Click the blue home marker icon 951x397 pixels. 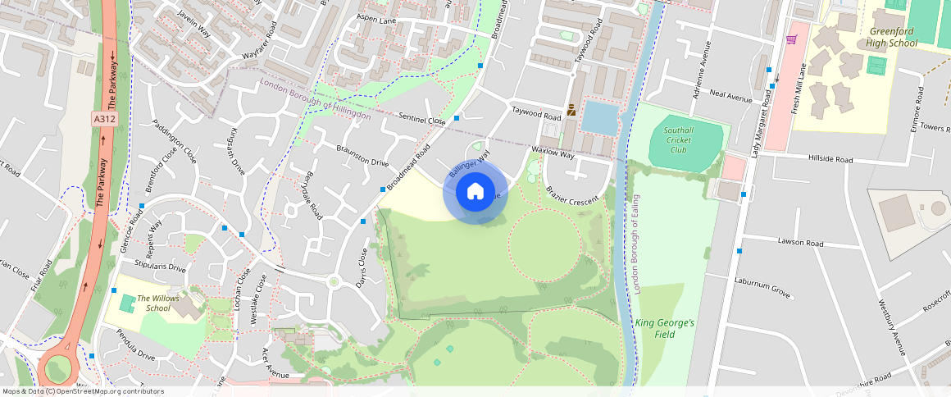(475, 192)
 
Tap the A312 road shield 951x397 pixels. (104, 119)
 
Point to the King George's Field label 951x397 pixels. (664, 328)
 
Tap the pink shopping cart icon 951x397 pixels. (792, 39)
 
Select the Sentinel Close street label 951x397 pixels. (421, 120)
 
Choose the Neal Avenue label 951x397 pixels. (730, 98)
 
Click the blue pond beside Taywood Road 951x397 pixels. (601, 118)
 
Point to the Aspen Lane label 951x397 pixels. (376, 19)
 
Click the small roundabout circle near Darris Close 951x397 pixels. (334, 282)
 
